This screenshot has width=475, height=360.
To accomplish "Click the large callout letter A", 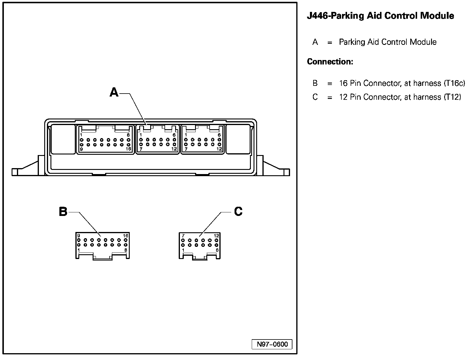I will (x=114, y=92).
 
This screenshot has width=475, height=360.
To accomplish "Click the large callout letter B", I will (x=63, y=212).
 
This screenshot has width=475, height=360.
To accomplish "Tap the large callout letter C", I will (x=238, y=211).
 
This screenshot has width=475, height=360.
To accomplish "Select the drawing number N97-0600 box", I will (x=272, y=344).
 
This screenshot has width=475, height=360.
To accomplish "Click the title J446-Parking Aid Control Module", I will (x=380, y=16).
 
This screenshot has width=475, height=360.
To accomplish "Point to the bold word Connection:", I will (x=330, y=62).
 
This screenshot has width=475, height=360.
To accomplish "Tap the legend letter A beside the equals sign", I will (x=315, y=42).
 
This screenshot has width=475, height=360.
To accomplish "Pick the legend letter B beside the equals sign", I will (x=315, y=83).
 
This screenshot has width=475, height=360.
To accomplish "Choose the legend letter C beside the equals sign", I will (x=315, y=97).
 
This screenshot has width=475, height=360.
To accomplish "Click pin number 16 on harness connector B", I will (x=126, y=236).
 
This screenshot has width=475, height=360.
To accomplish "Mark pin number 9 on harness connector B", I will (x=79, y=236).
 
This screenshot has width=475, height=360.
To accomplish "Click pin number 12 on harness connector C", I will (x=216, y=236).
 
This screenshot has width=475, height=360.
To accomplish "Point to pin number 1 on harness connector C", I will (x=183, y=250).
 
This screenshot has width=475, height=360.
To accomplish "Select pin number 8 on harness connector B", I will (x=126, y=250).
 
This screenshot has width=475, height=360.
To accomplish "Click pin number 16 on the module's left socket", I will (x=129, y=149).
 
